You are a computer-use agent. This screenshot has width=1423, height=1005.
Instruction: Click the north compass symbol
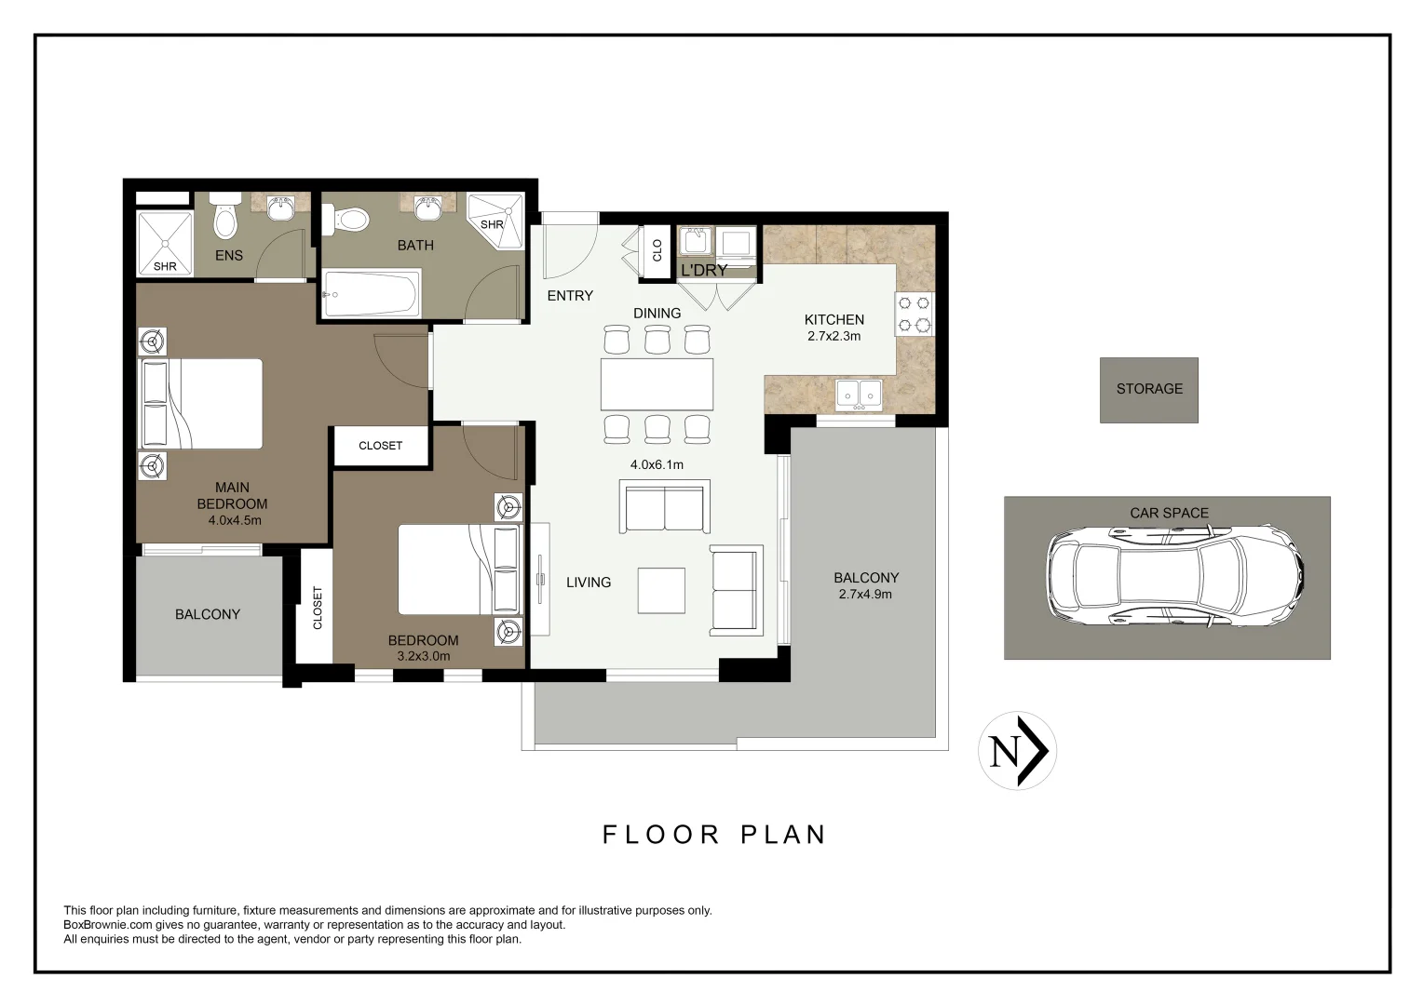pos(1017,751)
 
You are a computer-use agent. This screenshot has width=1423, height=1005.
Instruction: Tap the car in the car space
pos(1173,574)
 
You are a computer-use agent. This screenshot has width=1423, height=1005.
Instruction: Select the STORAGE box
pos(1148,390)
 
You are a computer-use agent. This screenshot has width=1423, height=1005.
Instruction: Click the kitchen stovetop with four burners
pos(914,314)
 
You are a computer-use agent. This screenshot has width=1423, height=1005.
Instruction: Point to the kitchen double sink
pos(859,394)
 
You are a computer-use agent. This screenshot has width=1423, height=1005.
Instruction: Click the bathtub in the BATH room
pos(371,293)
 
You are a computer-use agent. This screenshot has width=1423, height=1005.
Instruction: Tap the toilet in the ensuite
pos(224,218)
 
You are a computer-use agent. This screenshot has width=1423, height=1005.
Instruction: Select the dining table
pos(657,384)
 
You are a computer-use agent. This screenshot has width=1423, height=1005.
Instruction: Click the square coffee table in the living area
pos(661,590)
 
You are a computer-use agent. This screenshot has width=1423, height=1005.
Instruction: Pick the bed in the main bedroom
pos(201,404)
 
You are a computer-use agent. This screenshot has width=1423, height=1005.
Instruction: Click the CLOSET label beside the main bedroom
pos(380,446)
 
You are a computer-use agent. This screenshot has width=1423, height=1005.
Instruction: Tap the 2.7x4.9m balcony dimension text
pos(865,594)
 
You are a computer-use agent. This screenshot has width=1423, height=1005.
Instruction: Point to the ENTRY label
pos(570,296)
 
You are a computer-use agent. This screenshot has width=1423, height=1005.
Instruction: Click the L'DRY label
pos(703,271)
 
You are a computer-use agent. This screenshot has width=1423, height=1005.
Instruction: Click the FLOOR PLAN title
pos(714,835)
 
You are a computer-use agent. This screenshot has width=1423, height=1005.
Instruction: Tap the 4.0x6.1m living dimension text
pos(657,464)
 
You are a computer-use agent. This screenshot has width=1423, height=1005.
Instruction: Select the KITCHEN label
pos(833,320)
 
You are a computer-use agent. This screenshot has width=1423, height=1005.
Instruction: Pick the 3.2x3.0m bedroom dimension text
pos(423,656)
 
